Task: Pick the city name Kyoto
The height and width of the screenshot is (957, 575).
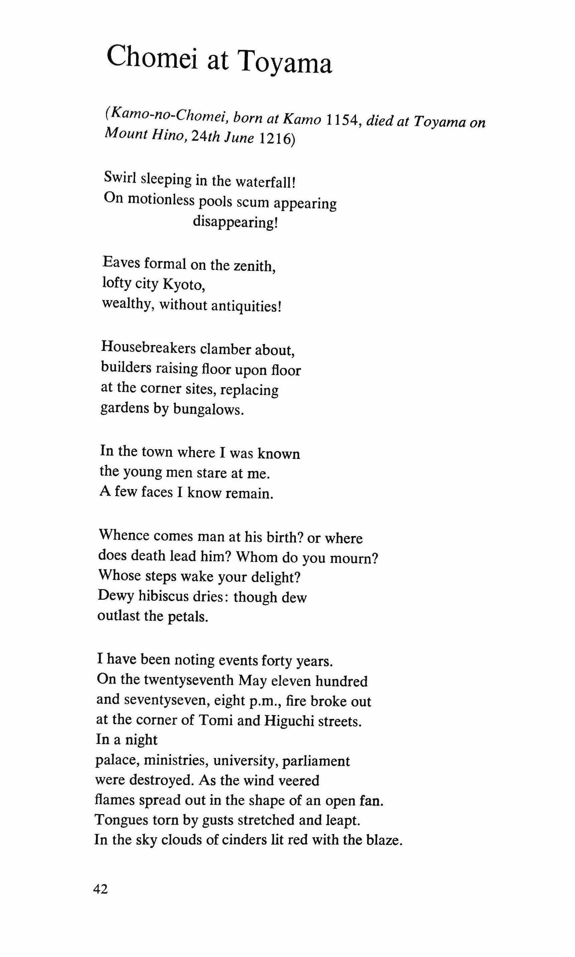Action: (x=183, y=285)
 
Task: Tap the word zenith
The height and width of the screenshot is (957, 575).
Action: (x=254, y=266)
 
